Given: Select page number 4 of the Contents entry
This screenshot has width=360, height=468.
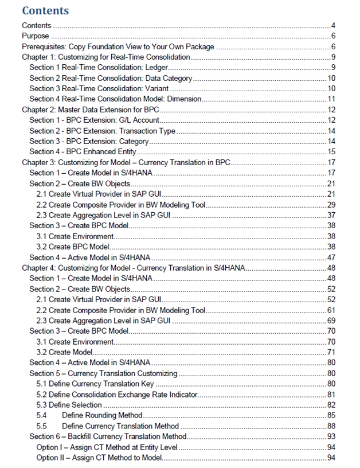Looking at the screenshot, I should [x=333, y=26].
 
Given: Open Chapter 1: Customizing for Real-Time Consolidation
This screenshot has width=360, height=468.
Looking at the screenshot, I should [x=105, y=57].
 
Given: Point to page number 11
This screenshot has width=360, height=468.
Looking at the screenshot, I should [x=331, y=99].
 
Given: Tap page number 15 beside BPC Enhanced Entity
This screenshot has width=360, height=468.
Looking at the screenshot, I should [x=331, y=151].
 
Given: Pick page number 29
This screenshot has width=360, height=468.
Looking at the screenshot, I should [x=331, y=204].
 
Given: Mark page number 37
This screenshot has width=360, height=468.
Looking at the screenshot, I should [x=331, y=214].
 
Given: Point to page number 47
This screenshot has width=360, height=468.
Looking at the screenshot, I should [x=331, y=257].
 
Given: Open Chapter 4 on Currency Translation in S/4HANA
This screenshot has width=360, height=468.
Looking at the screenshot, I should [x=134, y=267].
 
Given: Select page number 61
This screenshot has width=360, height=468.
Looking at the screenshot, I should [x=331, y=309].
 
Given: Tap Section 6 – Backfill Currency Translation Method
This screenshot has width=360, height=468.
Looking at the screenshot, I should [x=108, y=436].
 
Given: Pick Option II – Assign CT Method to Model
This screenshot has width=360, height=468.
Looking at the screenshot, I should [x=99, y=457].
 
